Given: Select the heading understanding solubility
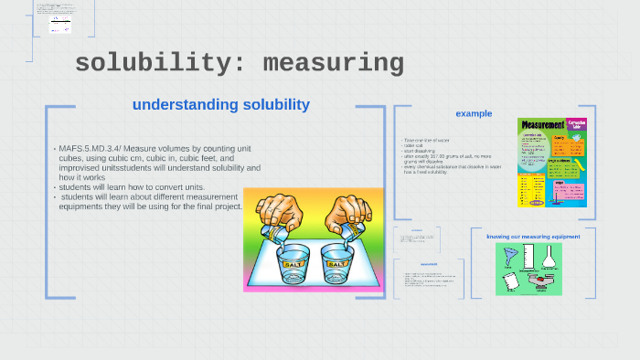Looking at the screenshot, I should [220, 105].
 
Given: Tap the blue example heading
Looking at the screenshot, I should [474, 113].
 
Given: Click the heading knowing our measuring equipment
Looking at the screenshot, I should [533, 237].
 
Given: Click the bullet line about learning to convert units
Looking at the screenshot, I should [118, 187].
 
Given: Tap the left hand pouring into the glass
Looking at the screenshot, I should [279, 214].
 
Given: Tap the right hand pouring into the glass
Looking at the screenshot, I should [348, 216].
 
